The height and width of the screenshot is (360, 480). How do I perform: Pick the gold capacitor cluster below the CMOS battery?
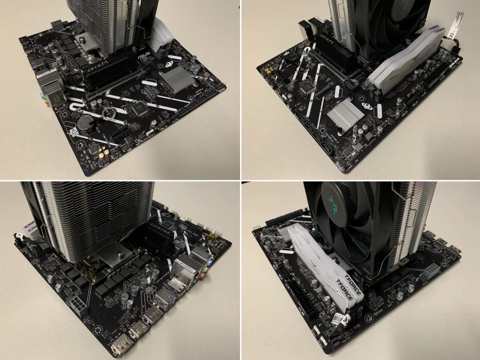[x=103, y=153]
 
